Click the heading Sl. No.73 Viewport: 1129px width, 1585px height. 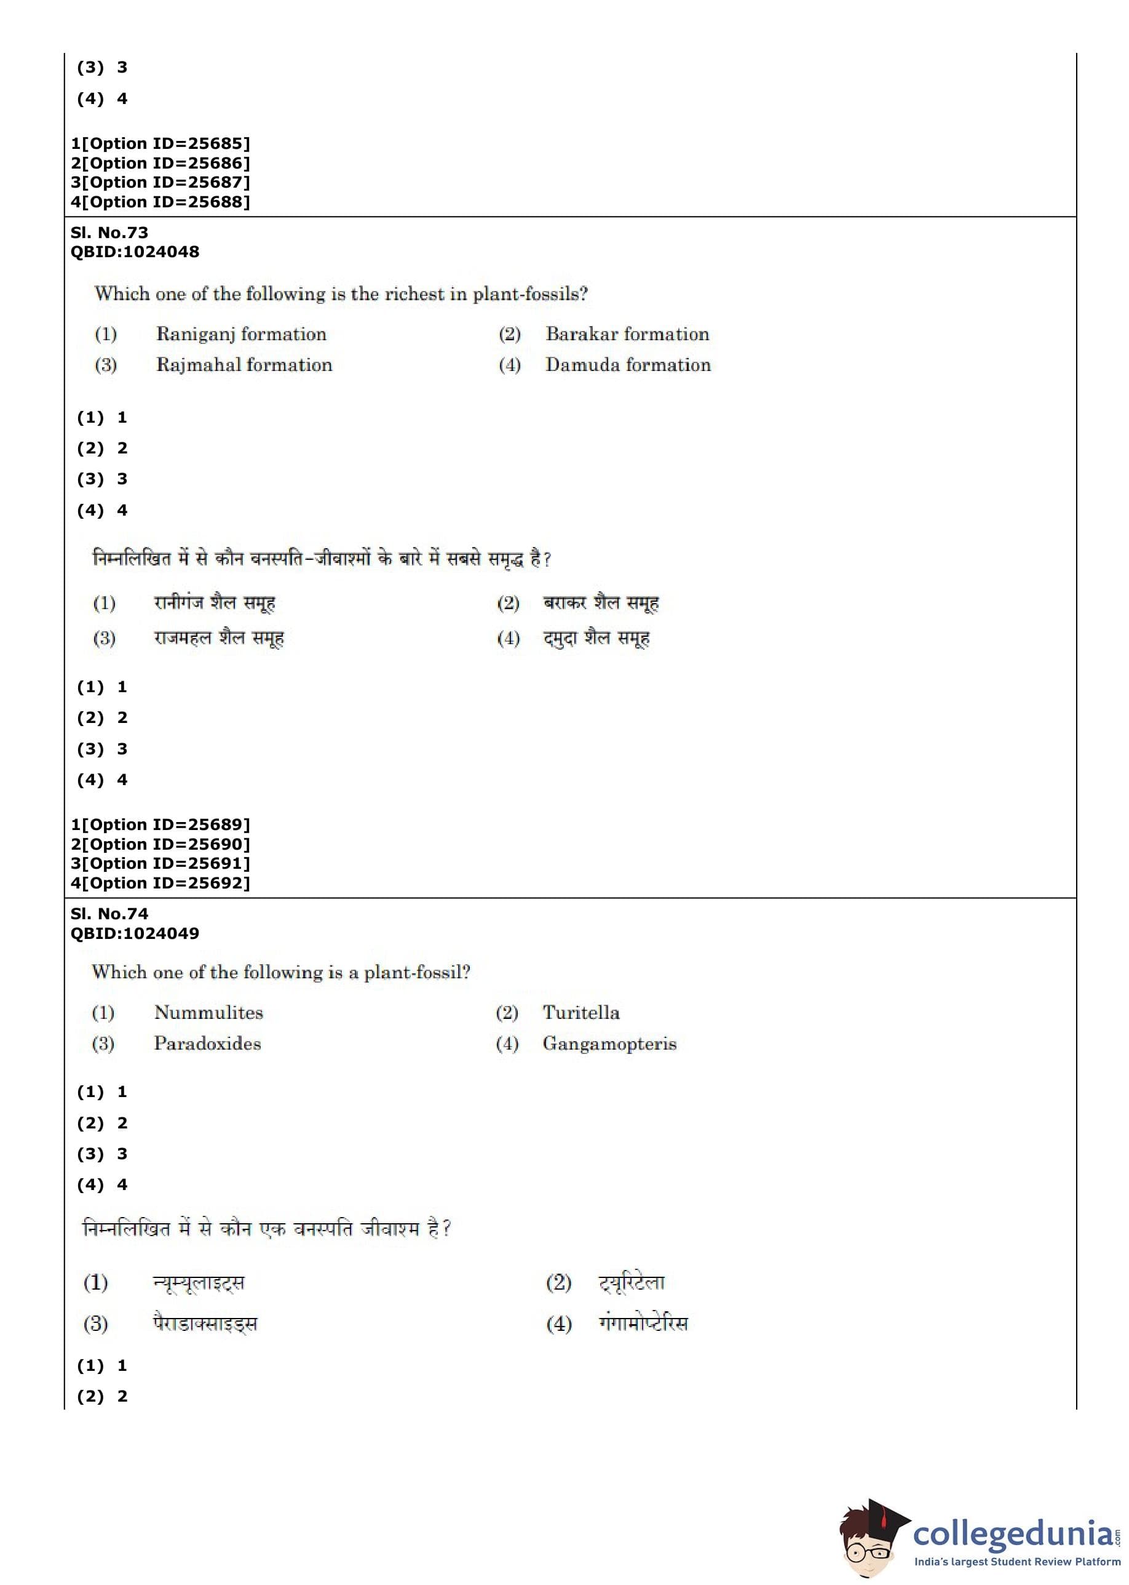[x=109, y=233]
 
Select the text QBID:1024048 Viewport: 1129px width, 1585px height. [x=135, y=252]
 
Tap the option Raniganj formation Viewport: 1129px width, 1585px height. [x=240, y=334]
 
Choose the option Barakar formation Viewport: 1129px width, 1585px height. [x=627, y=334]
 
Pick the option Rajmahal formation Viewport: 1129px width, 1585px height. [x=244, y=365]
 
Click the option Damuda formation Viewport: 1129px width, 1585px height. [x=628, y=365]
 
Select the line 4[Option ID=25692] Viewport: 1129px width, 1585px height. [x=160, y=884]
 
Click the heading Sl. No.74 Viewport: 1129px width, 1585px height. [x=109, y=914]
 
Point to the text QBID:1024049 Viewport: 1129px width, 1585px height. [x=135, y=933]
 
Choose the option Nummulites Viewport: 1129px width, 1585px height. [x=208, y=1013]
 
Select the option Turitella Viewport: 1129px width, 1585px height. [x=581, y=1013]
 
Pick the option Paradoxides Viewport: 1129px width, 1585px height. [x=207, y=1044]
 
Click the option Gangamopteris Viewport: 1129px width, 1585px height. [x=609, y=1044]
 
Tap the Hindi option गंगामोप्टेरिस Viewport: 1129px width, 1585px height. [x=643, y=1323]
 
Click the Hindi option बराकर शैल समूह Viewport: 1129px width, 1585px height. [x=601, y=603]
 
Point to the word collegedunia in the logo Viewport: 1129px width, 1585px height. [x=1013, y=1533]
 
